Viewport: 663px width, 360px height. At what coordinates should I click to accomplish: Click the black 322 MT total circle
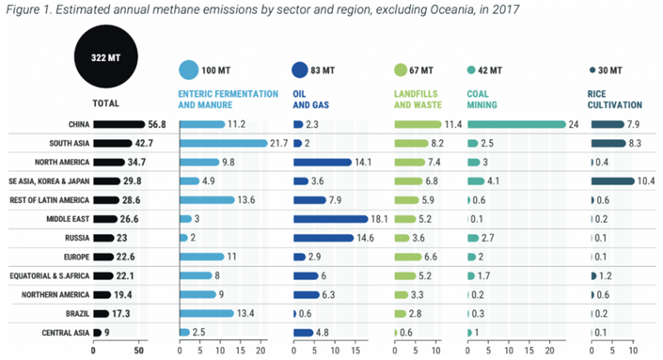coord(105,56)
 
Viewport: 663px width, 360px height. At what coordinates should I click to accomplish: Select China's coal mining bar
coord(516,124)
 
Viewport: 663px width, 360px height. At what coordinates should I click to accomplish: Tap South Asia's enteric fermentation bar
coord(224,143)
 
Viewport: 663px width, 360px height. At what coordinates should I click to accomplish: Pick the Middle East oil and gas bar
coord(331,219)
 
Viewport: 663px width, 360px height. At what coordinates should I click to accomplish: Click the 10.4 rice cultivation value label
coord(646,181)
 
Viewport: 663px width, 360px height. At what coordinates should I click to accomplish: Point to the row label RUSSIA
coord(77,238)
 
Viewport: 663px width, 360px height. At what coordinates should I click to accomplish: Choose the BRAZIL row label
coord(77,314)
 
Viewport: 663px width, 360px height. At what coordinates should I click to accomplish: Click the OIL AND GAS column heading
coord(310,100)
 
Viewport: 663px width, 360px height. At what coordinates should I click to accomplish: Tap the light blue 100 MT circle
coord(189,70)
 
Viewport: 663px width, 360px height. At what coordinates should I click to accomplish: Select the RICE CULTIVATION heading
coord(614,100)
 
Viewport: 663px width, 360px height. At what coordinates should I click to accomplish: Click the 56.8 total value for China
coord(157,124)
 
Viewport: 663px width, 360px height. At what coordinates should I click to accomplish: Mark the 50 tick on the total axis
coord(138,351)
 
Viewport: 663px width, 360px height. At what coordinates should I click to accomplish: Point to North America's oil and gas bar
coord(323,163)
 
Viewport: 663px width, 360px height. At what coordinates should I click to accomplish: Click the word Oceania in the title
coord(451,9)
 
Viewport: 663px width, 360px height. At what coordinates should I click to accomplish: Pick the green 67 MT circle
coord(401,70)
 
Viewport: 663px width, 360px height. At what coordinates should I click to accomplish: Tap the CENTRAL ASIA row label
coord(66,333)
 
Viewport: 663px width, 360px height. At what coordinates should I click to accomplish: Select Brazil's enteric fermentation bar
coord(207,314)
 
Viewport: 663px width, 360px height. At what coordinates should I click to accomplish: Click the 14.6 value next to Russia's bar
coord(365,238)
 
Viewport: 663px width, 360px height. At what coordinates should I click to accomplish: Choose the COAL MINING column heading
coord(481,100)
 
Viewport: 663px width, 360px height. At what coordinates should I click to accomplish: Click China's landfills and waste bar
coord(418,124)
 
